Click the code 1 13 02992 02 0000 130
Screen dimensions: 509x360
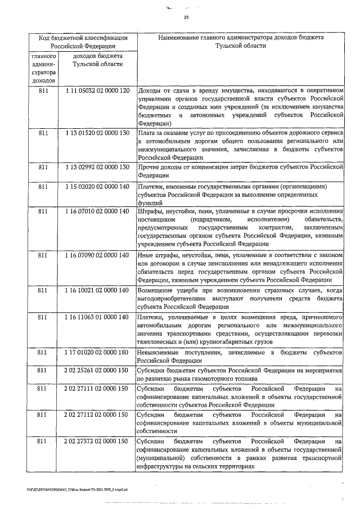97,168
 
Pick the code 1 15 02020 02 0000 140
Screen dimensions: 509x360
97,187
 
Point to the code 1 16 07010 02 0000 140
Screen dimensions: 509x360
97,211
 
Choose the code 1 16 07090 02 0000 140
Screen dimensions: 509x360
97,255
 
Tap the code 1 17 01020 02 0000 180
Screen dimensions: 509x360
97,352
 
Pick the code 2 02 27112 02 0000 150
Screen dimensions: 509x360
97,415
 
